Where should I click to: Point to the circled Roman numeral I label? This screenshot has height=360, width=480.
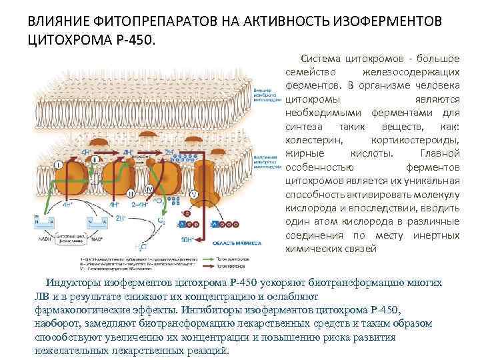coord(59,164)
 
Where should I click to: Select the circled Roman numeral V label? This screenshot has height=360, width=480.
coord(194,194)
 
